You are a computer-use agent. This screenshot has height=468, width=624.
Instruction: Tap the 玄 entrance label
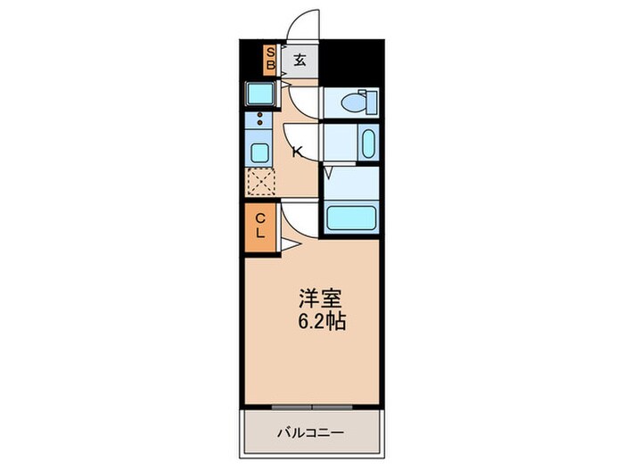click(x=300, y=61)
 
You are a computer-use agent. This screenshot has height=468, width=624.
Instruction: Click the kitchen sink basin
click(x=260, y=152)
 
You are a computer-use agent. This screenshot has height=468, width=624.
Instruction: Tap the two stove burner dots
click(x=260, y=120)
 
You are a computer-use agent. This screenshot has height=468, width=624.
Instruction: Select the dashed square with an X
click(x=261, y=182)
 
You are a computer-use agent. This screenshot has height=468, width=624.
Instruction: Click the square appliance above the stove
click(x=260, y=94)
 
